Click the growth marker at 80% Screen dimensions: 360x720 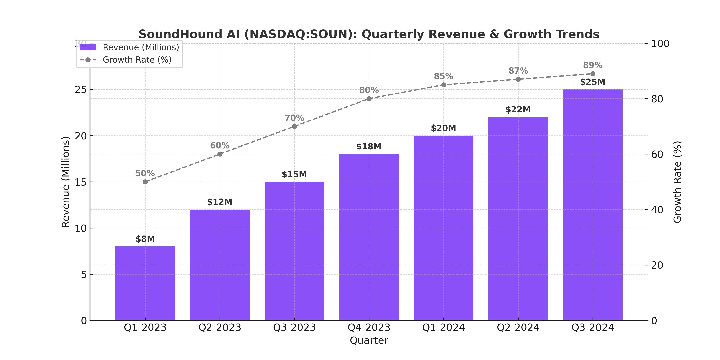[x=369, y=99]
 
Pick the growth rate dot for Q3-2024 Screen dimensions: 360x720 [x=593, y=74]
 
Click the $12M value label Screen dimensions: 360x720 [x=220, y=202]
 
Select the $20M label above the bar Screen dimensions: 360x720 [x=443, y=128]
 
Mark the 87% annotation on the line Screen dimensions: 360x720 [x=518, y=71]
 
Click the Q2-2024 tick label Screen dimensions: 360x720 [x=518, y=327]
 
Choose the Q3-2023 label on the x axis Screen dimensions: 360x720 [x=294, y=327]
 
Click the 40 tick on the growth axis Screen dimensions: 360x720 [x=657, y=210]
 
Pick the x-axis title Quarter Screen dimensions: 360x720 [x=369, y=340]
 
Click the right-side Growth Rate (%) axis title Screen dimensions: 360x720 [x=677, y=182]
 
